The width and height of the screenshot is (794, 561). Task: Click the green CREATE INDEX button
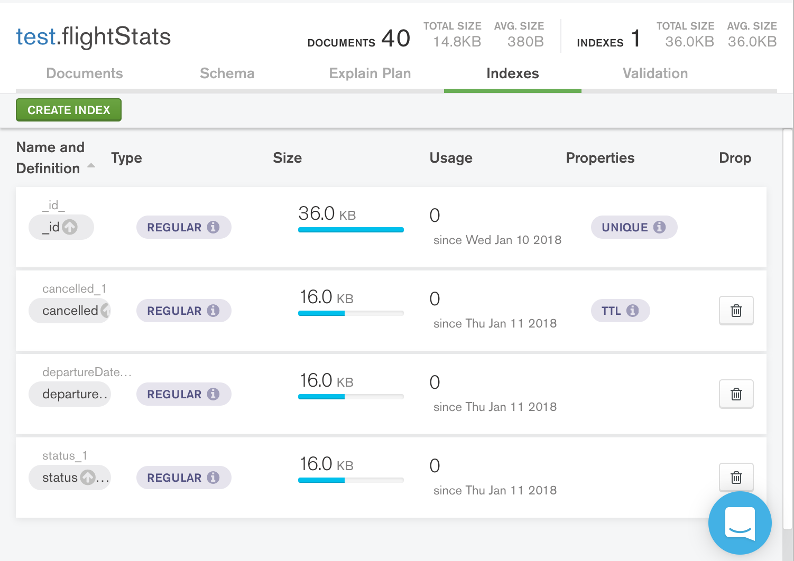click(69, 110)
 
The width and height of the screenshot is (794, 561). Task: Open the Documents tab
click(85, 73)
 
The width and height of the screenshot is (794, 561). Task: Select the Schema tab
click(227, 73)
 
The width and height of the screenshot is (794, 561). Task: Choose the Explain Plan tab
click(370, 73)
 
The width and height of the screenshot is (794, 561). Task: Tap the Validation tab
click(655, 73)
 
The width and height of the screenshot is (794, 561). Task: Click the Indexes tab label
click(512, 73)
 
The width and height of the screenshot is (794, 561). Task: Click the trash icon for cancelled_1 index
click(736, 311)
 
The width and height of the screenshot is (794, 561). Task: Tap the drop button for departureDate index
click(736, 394)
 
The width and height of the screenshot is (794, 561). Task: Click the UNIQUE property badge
click(633, 227)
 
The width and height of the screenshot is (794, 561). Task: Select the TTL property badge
click(620, 311)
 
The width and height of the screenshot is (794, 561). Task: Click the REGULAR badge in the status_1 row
click(183, 478)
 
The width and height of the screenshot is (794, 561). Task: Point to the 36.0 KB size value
click(327, 214)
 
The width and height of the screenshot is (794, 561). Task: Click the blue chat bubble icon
click(740, 522)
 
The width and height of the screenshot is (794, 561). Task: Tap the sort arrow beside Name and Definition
click(91, 166)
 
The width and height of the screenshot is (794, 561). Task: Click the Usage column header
click(450, 158)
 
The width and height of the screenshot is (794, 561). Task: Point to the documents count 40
click(395, 39)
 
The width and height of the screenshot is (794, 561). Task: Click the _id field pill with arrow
click(61, 227)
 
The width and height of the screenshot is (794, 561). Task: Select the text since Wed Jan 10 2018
click(497, 240)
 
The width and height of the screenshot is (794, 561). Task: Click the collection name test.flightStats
click(94, 37)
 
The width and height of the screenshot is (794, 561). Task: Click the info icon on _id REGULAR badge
click(213, 227)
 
